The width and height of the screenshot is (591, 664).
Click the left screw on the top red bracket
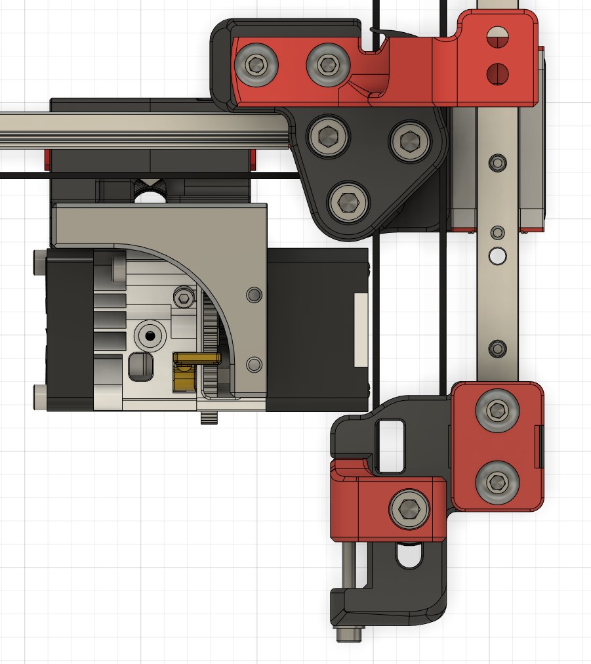click(256, 65)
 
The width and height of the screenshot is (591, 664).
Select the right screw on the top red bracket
click(327, 64)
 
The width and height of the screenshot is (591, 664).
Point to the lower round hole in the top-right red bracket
click(498, 72)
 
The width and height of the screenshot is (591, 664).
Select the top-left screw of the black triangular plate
click(327, 136)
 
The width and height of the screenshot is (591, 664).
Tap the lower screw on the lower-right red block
click(497, 484)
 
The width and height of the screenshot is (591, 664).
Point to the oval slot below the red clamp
click(409, 557)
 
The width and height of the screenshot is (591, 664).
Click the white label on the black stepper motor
click(360, 329)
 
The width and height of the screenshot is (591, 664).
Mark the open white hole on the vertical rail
click(497, 255)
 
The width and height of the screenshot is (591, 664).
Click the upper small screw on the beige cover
click(253, 295)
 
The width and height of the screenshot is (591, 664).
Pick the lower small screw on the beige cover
click(253, 364)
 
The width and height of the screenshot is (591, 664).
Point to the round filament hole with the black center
click(150, 336)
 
